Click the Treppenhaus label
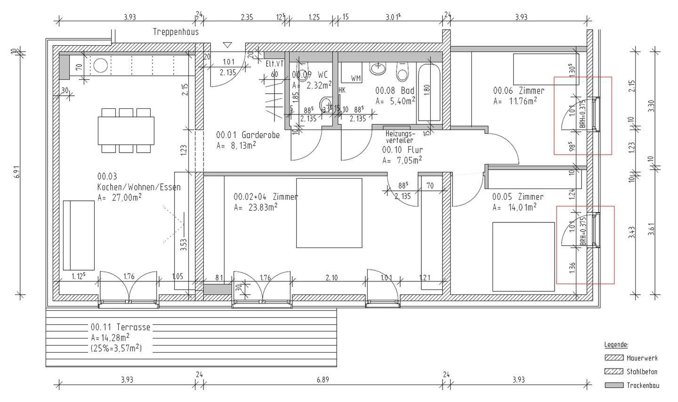pyautogui.click(x=176, y=32)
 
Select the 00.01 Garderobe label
pyautogui.click(x=248, y=135)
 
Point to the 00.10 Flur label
pyautogui.click(x=402, y=150)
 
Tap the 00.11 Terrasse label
pyautogui.click(x=121, y=327)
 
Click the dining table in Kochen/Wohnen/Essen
pyautogui.click(x=126, y=131)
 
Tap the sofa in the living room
pyautogui.click(x=79, y=234)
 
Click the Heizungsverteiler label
pyautogui.click(x=399, y=137)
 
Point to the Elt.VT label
pyautogui.click(x=274, y=64)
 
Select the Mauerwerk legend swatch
pyautogui.click(x=613, y=358)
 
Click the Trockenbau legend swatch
pyautogui.click(x=613, y=385)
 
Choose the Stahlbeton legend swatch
pyautogui.click(x=613, y=371)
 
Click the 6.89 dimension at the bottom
pyautogui.click(x=323, y=379)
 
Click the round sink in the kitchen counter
pyautogui.click(x=100, y=66)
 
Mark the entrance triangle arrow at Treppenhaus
pyautogui.click(x=228, y=45)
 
